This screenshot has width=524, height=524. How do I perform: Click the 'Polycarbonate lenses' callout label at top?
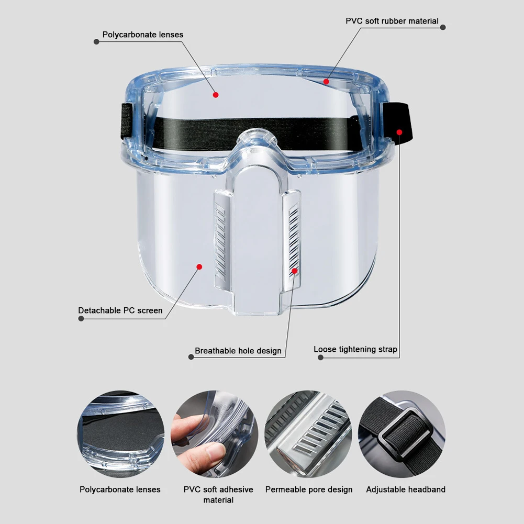tap(142, 35)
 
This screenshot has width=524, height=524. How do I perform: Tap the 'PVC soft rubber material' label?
tap(392, 21)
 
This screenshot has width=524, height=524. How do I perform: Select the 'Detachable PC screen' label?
tap(120, 310)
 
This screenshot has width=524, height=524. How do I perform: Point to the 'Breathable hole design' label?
tap(238, 351)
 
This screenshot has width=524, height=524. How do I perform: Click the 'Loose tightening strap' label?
tap(355, 349)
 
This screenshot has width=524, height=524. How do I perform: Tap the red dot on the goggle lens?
tap(215, 95)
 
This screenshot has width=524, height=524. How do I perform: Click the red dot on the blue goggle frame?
tap(326, 81)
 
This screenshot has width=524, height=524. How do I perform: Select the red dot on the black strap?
tap(399, 132)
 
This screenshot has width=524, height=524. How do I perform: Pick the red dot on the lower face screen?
tap(199, 266)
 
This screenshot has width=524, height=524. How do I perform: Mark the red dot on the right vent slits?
tap(295, 271)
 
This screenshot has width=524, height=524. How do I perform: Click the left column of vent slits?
tap(221, 241)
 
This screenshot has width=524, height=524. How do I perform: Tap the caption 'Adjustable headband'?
tap(406, 489)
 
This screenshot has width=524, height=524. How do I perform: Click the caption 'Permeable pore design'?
tap(309, 489)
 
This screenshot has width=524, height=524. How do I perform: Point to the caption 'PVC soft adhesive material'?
tap(218, 495)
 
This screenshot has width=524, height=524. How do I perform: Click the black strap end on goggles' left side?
tap(127, 121)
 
